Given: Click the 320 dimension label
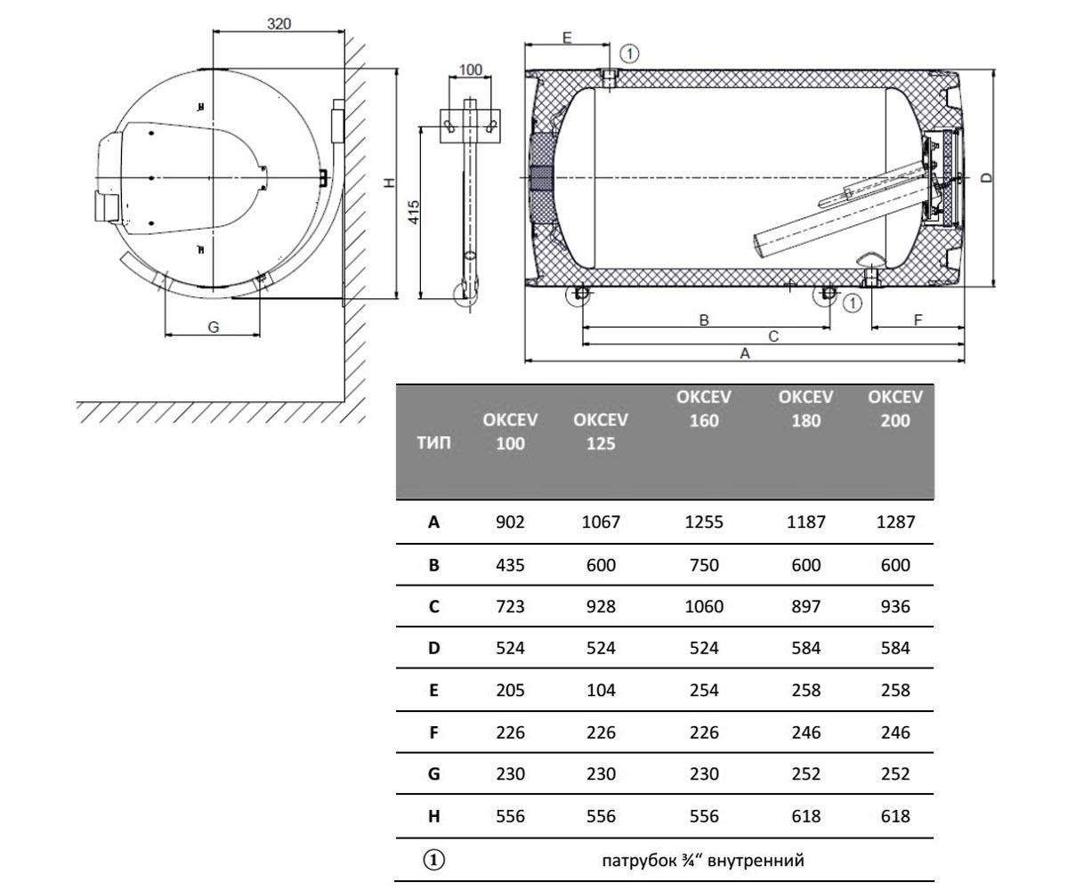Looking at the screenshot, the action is (279, 23).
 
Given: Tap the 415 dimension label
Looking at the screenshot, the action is (414, 212).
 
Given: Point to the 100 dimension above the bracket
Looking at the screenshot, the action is (470, 69).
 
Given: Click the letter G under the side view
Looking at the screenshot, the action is (214, 328).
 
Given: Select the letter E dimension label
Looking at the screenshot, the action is (567, 37).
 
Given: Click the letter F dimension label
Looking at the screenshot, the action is (918, 320).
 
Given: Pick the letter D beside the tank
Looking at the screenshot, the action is (987, 178).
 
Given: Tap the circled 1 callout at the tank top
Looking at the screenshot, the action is (629, 53).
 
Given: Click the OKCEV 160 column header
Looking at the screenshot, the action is (704, 409).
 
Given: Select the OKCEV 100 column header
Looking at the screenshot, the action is (510, 432).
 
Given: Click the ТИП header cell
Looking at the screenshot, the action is (433, 442).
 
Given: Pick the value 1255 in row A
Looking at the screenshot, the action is (704, 522).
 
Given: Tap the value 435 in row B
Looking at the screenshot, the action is (510, 564).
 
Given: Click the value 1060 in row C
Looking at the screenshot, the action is (704, 606).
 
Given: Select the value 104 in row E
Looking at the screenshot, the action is (601, 690).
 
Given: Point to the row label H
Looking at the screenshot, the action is (433, 816).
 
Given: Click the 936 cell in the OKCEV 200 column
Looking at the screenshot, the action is (895, 606).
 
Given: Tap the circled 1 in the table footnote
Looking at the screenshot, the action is (433, 860).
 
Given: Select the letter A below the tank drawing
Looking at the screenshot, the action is (745, 353).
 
